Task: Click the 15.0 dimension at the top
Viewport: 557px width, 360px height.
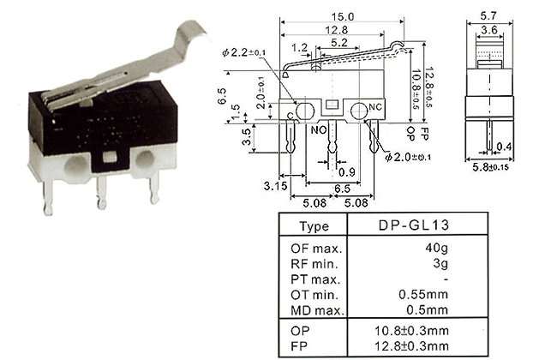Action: click(343, 16)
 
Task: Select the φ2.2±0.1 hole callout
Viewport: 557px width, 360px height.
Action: click(243, 52)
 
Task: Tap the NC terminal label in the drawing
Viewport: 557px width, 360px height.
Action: click(375, 107)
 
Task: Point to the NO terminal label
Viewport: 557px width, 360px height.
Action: click(318, 130)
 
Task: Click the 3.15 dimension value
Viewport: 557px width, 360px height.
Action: click(275, 185)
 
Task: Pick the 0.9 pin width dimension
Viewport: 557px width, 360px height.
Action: click(346, 172)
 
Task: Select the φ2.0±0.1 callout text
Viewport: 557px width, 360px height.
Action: click(408, 157)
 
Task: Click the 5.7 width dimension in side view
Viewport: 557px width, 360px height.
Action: click(488, 16)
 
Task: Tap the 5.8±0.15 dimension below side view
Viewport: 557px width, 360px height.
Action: click(490, 167)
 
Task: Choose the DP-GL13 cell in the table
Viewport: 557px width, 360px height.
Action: click(414, 225)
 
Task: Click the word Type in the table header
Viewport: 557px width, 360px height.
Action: click(314, 226)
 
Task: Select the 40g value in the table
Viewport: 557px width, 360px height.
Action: click(436, 248)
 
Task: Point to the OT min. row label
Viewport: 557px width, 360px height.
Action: click(314, 295)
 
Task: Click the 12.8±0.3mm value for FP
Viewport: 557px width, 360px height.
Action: click(411, 345)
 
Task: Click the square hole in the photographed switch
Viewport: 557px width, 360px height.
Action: click(110, 156)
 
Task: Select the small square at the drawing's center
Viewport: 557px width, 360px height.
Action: click(332, 105)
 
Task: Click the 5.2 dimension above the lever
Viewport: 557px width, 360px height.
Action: click(338, 43)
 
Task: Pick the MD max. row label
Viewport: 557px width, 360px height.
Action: click(318, 310)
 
